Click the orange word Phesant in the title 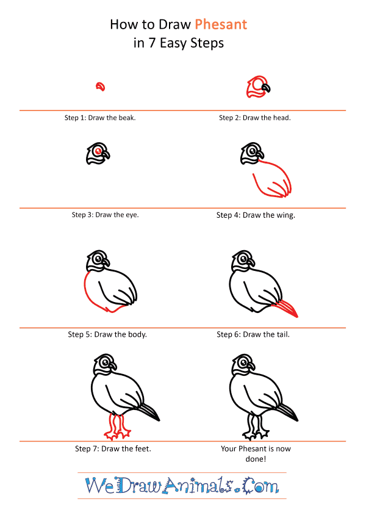tap(221, 24)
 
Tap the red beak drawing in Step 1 tap(101, 87)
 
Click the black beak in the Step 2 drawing tap(266, 87)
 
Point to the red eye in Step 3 tap(98, 151)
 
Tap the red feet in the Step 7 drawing tap(117, 427)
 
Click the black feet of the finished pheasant tap(256, 427)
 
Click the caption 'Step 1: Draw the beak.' tap(100, 118)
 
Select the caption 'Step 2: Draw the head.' tap(255, 118)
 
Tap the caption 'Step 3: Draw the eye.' tap(105, 215)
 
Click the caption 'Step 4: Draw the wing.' tap(256, 215)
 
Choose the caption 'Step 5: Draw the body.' tap(107, 334)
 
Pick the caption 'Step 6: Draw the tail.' tap(253, 334)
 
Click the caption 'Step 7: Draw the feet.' tap(113, 448)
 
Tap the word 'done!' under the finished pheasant tap(256, 459)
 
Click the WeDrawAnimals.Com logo tap(182, 485)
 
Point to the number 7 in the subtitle tap(152, 43)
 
